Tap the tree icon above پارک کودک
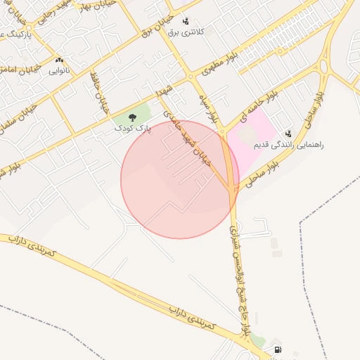133,119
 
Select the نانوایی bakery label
59,71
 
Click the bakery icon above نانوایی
59,60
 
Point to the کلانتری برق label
186,32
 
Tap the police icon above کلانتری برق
186,21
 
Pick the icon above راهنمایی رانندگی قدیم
288,133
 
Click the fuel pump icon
277,349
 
